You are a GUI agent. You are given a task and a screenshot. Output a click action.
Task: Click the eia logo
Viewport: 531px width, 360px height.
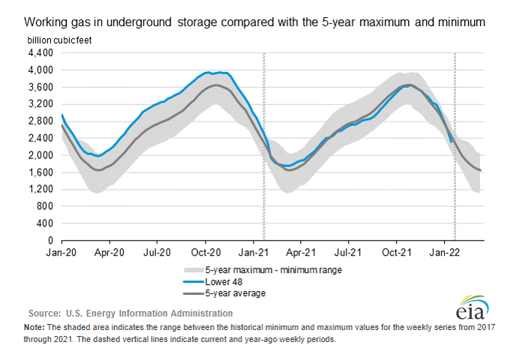pyautogui.click(x=470, y=307)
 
